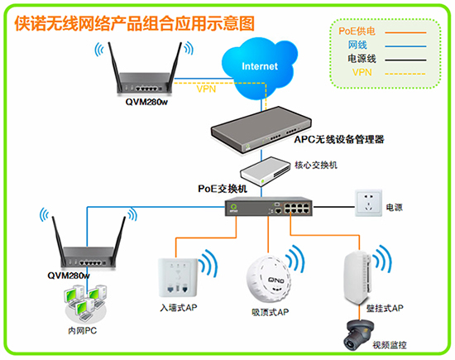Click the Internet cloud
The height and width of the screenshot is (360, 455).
pyautogui.click(x=259, y=67)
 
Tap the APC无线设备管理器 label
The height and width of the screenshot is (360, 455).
pyautogui.click(x=339, y=139)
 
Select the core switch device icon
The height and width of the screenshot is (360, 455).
pyautogui.click(x=265, y=171)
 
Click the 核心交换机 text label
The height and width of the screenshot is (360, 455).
pyautogui.click(x=316, y=166)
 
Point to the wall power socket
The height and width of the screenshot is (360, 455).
pyautogui.click(x=368, y=204)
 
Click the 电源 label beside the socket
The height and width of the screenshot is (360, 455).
pyautogui.click(x=394, y=207)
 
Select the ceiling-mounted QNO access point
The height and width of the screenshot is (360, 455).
pyautogui.click(x=268, y=279)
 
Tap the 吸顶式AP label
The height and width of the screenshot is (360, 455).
pyautogui.click(x=271, y=312)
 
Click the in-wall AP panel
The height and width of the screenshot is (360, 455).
pyautogui.click(x=178, y=277)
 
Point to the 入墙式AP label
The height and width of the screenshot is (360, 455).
pyautogui.click(x=179, y=308)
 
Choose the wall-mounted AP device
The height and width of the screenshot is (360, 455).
pyautogui.click(x=357, y=278)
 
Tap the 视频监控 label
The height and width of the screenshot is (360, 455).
pyautogui.click(x=390, y=345)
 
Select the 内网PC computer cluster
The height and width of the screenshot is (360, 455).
pyautogui.click(x=85, y=304)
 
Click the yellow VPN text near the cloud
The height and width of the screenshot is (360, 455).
pyautogui.click(x=206, y=89)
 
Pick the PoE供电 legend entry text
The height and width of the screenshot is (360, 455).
pyautogui.click(x=357, y=31)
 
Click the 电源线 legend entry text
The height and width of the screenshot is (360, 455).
pyautogui.click(x=362, y=59)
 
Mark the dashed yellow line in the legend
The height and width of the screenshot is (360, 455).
pyautogui.click(x=405, y=74)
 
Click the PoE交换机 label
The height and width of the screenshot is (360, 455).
pyautogui.click(x=223, y=189)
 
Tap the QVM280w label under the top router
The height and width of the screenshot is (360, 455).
pyautogui.click(x=146, y=102)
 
